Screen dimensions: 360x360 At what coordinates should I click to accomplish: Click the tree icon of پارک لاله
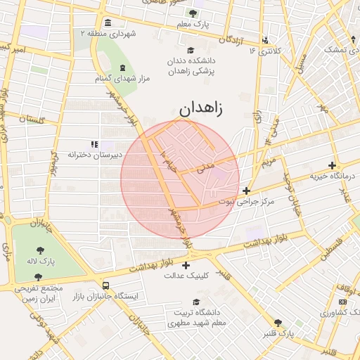click(39, 249)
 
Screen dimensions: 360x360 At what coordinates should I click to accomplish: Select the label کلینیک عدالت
click(186, 276)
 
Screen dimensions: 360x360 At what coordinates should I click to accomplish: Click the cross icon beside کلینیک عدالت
click(186, 265)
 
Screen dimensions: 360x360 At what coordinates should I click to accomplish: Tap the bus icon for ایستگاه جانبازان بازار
click(105, 286)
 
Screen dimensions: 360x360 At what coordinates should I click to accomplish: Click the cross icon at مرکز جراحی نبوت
click(246, 191)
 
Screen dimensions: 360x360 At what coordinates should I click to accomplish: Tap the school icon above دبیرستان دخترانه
click(94, 144)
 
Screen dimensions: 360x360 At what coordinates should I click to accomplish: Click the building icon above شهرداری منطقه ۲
click(106, 22)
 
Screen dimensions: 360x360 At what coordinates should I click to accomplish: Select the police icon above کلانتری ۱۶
click(265, 41)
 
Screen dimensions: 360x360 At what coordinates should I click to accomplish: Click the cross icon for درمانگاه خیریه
click(332, 166)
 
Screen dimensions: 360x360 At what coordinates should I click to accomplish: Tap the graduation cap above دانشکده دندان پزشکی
click(190, 50)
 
